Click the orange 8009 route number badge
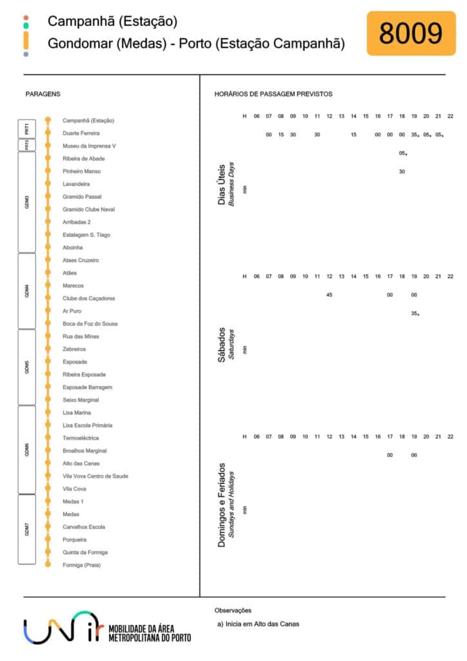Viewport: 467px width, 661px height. pyautogui.click(x=411, y=34)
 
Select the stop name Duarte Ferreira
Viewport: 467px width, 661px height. pyautogui.click(x=81, y=133)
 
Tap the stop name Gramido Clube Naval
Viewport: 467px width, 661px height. pyautogui.click(x=88, y=210)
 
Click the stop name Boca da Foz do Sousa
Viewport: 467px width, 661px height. pyautogui.click(x=90, y=324)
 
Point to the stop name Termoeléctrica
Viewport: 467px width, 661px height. pyautogui.click(x=81, y=438)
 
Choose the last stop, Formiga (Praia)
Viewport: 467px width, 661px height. pyautogui.click(x=82, y=565)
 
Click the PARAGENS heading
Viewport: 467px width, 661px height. pyautogui.click(x=43, y=94)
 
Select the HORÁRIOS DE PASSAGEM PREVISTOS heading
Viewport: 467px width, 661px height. pyautogui.click(x=273, y=94)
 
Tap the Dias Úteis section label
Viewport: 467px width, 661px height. pyautogui.click(x=221, y=184)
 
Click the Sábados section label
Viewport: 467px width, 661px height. pyautogui.click(x=221, y=345)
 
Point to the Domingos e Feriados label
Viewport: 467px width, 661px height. pyautogui.click(x=221, y=505)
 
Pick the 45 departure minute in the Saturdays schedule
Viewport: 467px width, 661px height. pyautogui.click(x=330, y=295)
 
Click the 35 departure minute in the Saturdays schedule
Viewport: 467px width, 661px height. pyautogui.click(x=415, y=314)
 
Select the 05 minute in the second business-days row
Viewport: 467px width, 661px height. pyautogui.click(x=403, y=154)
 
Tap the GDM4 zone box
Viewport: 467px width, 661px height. pyautogui.click(x=27, y=291)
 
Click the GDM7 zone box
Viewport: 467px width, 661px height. pyautogui.click(x=27, y=529)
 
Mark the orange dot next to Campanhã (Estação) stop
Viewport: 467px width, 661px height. pyautogui.click(x=48, y=120)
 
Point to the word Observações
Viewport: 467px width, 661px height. pyautogui.click(x=233, y=611)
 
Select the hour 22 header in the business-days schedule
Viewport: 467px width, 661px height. pyautogui.click(x=450, y=116)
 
